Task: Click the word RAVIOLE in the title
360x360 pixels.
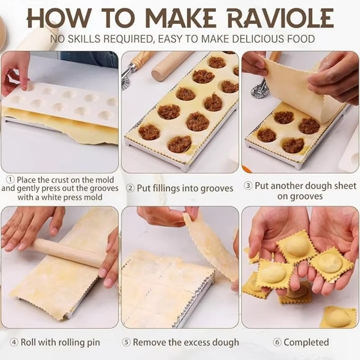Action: [280, 18]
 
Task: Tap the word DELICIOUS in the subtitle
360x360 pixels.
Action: [239, 39]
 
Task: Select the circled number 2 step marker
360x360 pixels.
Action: [130, 188]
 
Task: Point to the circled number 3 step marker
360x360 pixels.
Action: [248, 186]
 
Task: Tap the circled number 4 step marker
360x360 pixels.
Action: [14, 342]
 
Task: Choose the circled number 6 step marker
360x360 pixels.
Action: [277, 342]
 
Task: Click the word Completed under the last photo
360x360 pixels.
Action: [306, 342]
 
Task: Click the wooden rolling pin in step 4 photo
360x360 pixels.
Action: [67, 252]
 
